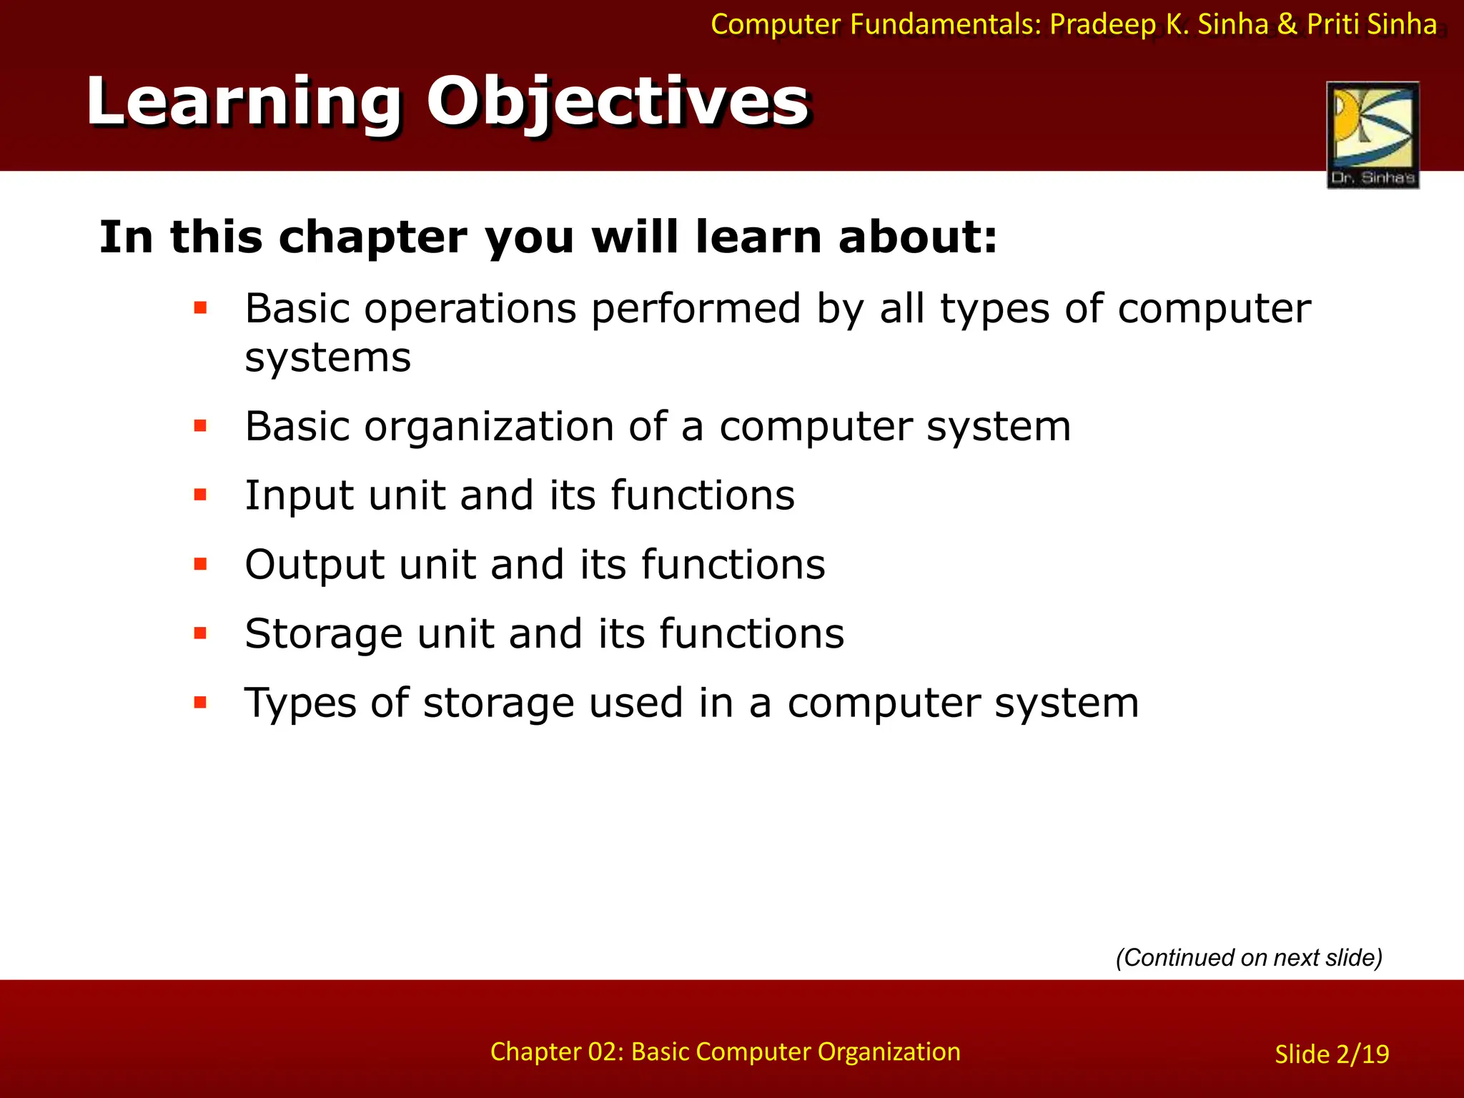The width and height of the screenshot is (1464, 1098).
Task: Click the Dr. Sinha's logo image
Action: click(1372, 134)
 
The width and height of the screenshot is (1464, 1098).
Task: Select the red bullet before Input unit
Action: click(200, 495)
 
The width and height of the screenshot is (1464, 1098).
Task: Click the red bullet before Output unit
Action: click(200, 564)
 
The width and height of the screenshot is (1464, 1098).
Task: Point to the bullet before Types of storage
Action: click(200, 702)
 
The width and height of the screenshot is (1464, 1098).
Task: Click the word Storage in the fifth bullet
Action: click(323, 633)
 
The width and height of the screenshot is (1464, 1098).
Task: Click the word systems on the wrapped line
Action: click(327, 357)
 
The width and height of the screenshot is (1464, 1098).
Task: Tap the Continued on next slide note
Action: click(1249, 957)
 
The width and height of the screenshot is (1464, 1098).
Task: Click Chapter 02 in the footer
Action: click(555, 1052)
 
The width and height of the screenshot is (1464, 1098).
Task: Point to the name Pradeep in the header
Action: click(1102, 25)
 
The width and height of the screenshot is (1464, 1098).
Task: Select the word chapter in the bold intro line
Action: click(372, 237)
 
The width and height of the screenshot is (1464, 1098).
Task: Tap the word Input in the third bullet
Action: click(299, 495)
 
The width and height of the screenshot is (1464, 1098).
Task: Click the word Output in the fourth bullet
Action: click(314, 565)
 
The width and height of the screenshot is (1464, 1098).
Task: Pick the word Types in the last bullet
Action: click(300, 703)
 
